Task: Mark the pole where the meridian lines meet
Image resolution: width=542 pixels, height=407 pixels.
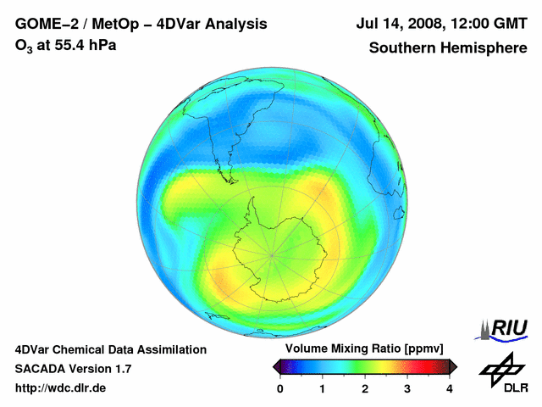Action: click(x=273, y=253)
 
